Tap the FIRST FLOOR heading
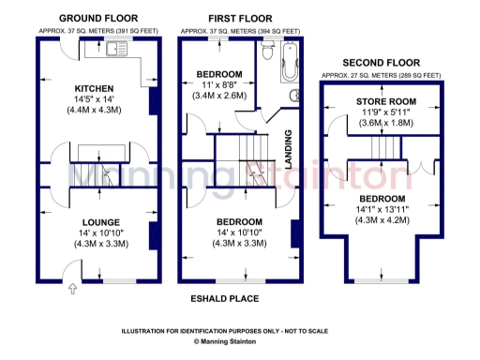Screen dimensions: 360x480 [x=240, y=18]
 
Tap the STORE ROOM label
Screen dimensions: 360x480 [x=380, y=101]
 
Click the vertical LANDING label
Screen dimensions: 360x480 [x=289, y=148]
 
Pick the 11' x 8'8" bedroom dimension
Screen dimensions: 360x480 [x=221, y=84]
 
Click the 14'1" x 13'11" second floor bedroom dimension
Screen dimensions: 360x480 [x=380, y=209]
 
